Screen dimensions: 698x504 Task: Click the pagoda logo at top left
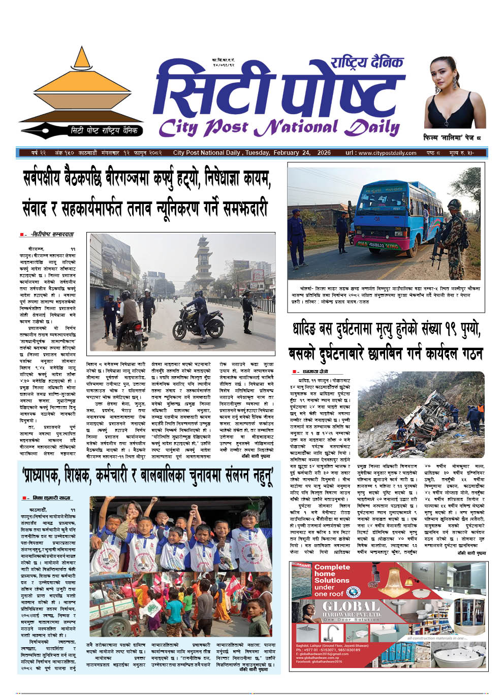81,91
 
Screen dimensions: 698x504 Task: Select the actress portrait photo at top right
455,91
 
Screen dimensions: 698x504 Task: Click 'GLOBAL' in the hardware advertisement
351,607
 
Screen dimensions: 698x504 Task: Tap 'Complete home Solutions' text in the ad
332,580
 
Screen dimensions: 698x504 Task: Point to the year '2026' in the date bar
323,153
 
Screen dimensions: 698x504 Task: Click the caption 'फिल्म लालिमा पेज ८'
452,138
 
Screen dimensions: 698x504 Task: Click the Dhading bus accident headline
385,341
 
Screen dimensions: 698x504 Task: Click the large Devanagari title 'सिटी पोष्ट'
274,91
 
